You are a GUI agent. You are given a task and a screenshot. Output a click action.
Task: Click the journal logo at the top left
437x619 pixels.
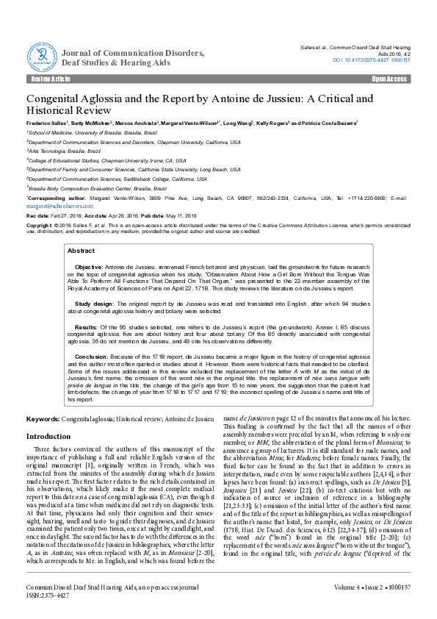(42, 53)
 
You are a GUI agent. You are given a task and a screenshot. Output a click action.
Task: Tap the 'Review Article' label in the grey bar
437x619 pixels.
(49, 78)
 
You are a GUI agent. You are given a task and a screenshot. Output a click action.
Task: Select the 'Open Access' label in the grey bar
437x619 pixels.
(389, 78)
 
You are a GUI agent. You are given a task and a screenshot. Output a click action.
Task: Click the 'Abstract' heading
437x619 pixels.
(81, 251)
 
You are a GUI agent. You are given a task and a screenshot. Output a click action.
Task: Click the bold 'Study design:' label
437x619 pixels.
(93, 301)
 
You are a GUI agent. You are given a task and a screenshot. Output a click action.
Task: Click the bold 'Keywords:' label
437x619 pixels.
(43, 418)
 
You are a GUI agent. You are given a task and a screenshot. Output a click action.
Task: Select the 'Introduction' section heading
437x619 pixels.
(48, 436)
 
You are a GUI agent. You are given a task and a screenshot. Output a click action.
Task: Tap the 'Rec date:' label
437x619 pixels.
(38, 217)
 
